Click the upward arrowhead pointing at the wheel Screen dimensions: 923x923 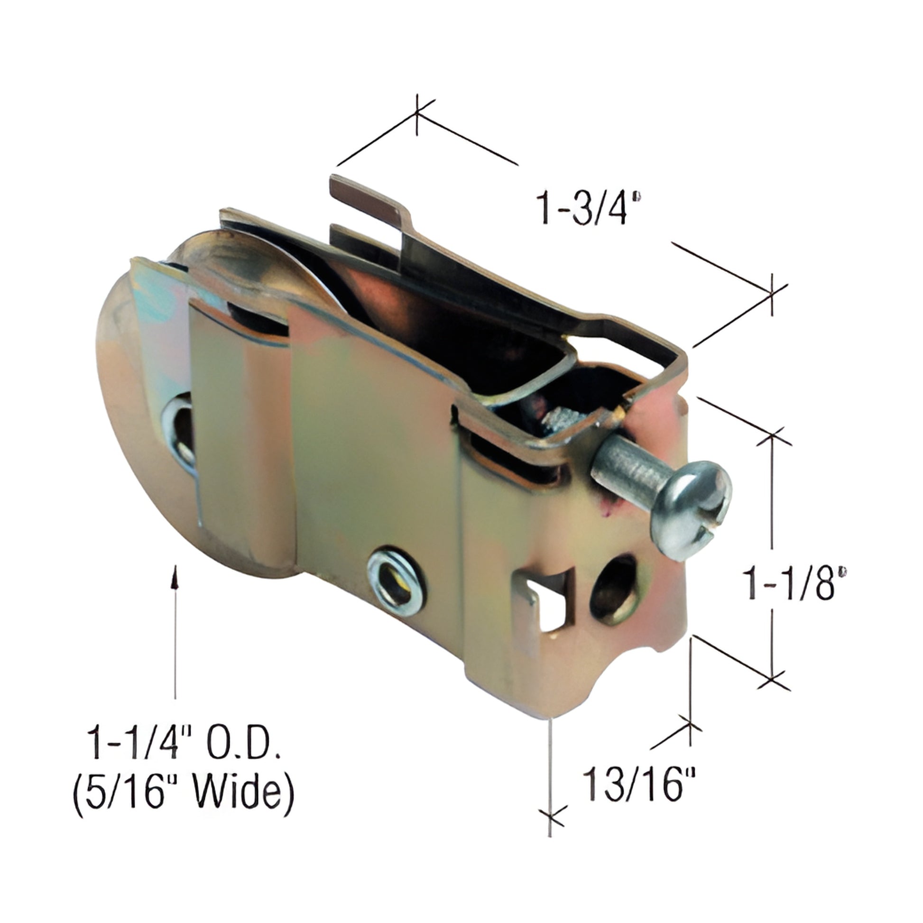pos(176,573)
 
